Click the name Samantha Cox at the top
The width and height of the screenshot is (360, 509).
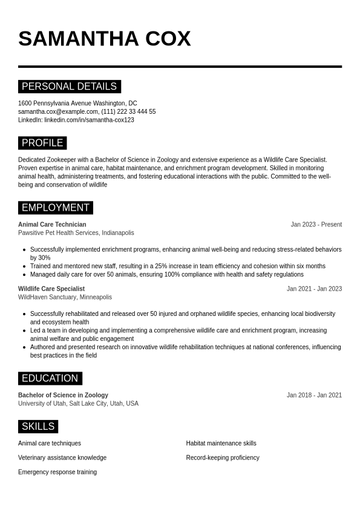[x=104, y=39]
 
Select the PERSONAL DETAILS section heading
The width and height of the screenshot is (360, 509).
[x=70, y=87]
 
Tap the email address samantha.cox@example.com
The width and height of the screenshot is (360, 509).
[x=58, y=112]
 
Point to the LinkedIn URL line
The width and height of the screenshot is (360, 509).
[x=76, y=120]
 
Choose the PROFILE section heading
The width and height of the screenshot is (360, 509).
[x=42, y=143]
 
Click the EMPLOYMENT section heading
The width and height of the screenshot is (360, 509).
[x=56, y=208]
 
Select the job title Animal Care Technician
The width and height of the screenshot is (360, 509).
[x=52, y=225]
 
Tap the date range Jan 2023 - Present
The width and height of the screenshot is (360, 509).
[x=316, y=225]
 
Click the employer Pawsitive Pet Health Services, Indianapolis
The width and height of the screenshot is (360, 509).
[x=76, y=233]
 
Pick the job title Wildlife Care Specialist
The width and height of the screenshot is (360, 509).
[x=51, y=289]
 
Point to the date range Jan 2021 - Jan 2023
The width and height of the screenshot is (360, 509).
[x=314, y=289]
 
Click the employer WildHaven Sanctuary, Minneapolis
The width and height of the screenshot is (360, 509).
[x=65, y=297]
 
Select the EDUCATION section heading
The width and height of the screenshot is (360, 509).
[x=50, y=378]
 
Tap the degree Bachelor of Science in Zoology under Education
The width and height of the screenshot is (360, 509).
[x=63, y=395]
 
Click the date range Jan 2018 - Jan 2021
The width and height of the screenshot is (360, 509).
[x=314, y=395]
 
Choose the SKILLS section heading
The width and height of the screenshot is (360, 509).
[x=38, y=427]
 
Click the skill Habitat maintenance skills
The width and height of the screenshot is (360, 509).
[x=221, y=444]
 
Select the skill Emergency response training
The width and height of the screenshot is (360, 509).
[x=57, y=472]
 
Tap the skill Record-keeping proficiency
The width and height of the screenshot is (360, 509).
[x=223, y=458]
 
